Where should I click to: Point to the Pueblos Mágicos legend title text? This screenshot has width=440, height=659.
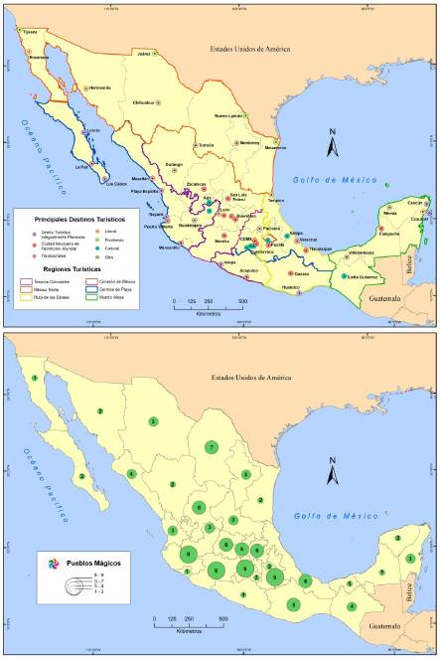[97, 563]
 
